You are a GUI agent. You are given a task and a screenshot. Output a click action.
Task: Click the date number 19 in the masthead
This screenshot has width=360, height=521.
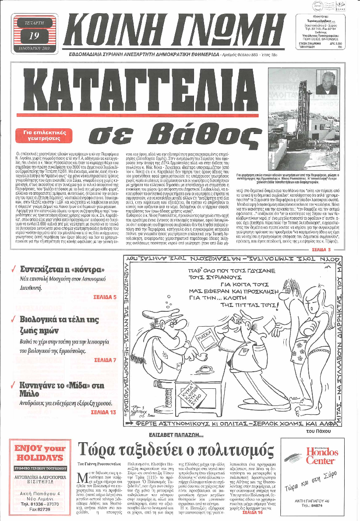click(33, 37)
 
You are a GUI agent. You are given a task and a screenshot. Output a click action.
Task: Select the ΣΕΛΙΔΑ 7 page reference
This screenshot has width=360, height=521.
click(105, 360)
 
